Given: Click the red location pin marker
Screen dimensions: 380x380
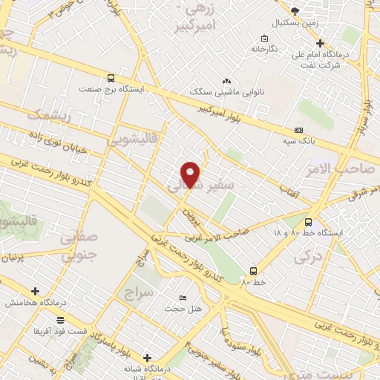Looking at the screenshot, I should click(x=191, y=174).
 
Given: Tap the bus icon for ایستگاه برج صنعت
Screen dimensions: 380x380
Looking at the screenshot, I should click(x=111, y=77).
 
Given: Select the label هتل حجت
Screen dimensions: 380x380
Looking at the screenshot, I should click(x=178, y=308).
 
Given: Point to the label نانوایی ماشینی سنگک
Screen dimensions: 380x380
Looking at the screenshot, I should click(x=226, y=94).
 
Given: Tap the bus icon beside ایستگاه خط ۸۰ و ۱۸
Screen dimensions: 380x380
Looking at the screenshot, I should click(x=308, y=221).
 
